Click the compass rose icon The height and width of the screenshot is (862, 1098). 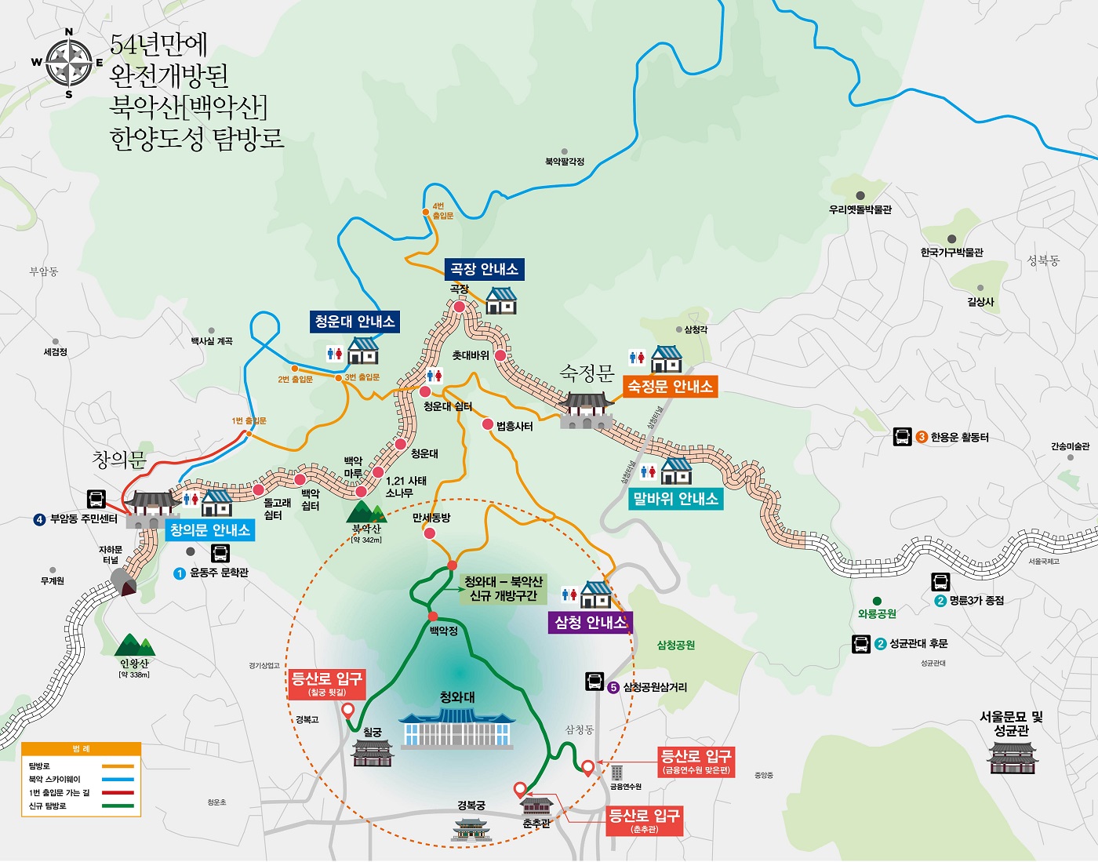pyautogui.click(x=69, y=63)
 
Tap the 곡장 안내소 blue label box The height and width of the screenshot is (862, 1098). pyautogui.click(x=484, y=269)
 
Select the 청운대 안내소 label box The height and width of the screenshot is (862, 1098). pyautogui.click(x=354, y=321)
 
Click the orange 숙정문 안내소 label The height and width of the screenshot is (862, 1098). pyautogui.click(x=670, y=386)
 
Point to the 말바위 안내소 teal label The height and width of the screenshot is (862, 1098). pyautogui.click(x=675, y=498)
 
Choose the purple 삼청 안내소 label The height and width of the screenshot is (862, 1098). pyautogui.click(x=591, y=622)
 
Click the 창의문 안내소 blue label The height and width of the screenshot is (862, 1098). pyautogui.click(x=210, y=529)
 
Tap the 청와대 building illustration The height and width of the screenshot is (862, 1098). pyautogui.click(x=457, y=729)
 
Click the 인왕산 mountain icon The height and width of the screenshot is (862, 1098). pyautogui.click(x=135, y=646)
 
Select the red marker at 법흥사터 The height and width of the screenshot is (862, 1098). pyautogui.click(x=488, y=424)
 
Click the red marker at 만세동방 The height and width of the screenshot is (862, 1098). pyautogui.click(x=430, y=533)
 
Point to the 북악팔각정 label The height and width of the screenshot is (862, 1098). pyautogui.click(x=565, y=162)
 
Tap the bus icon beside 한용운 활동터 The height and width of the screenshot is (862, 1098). pyautogui.click(x=903, y=437)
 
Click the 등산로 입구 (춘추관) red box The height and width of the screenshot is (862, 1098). pyautogui.click(x=644, y=820)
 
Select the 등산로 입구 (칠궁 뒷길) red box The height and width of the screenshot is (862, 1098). pyautogui.click(x=326, y=682)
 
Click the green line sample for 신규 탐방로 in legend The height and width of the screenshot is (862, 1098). pyautogui.click(x=113, y=806)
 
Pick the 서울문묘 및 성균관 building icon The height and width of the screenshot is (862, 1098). pyautogui.click(x=1013, y=758)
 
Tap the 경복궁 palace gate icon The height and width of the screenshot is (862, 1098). pyautogui.click(x=471, y=828)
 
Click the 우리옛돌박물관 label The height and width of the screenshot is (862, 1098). pyautogui.click(x=860, y=209)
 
